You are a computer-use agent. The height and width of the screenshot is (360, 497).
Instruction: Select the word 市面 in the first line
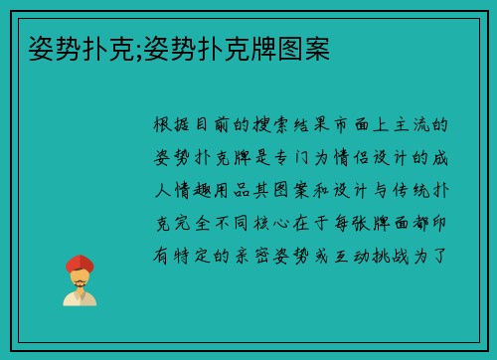pos(353,125)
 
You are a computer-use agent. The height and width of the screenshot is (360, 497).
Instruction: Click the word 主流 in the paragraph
pos(415,125)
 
